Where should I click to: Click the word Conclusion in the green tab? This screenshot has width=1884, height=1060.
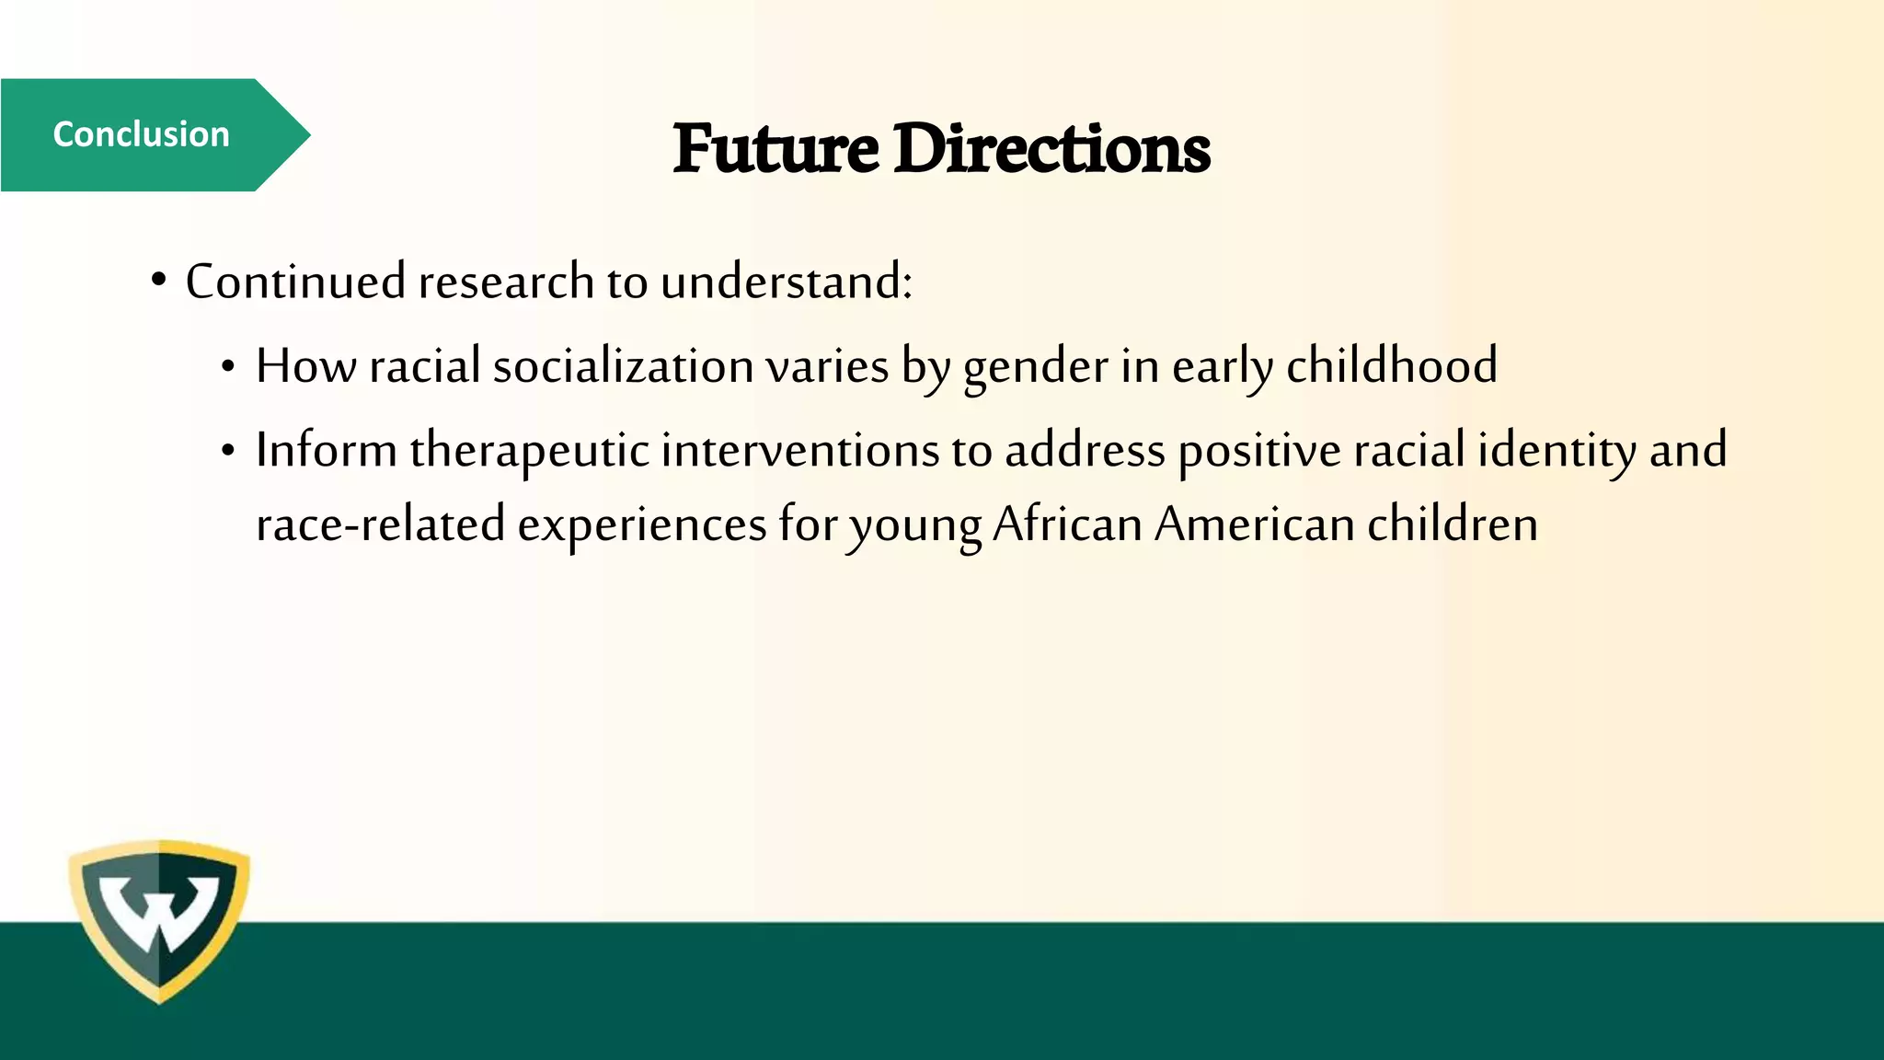[x=141, y=134]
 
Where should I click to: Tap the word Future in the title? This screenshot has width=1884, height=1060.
[x=775, y=149]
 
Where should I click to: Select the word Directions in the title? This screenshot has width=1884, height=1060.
[x=1051, y=149]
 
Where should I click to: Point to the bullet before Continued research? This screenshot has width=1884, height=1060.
[x=159, y=279]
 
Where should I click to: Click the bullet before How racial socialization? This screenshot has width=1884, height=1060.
[x=229, y=368]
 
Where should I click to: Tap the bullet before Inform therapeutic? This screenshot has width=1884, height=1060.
[x=229, y=452]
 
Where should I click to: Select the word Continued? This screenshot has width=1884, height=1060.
[x=295, y=281]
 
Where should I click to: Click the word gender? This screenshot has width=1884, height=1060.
[x=1036, y=367]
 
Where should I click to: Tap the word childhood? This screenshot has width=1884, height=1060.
[x=1392, y=365]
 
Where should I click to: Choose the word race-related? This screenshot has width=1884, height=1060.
[x=380, y=524]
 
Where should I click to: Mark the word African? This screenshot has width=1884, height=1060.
[x=1067, y=524]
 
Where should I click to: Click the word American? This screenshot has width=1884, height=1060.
[x=1255, y=524]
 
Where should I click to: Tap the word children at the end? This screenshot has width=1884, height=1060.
[x=1453, y=524]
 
